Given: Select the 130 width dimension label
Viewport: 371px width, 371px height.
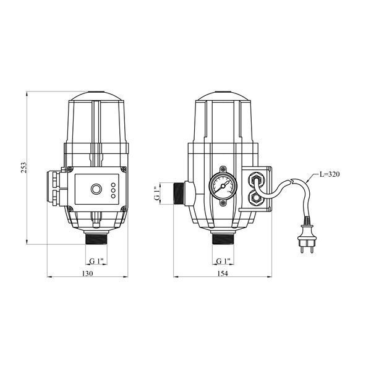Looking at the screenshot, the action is pyautogui.click(x=88, y=273).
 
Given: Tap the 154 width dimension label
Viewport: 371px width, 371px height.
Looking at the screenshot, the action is pyautogui.click(x=223, y=273).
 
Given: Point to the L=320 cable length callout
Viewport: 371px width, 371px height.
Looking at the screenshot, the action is pyautogui.click(x=330, y=174).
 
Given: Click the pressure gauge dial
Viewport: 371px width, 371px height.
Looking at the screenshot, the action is pyautogui.click(x=223, y=186).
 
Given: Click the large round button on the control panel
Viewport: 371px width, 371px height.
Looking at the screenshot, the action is pyautogui.click(x=96, y=189).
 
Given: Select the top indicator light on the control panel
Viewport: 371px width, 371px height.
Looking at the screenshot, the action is pyautogui.click(x=113, y=184).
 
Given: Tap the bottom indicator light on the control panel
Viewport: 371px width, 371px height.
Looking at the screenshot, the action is pyautogui.click(x=113, y=196).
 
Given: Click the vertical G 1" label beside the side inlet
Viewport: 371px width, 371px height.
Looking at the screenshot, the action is pyautogui.click(x=157, y=194).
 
